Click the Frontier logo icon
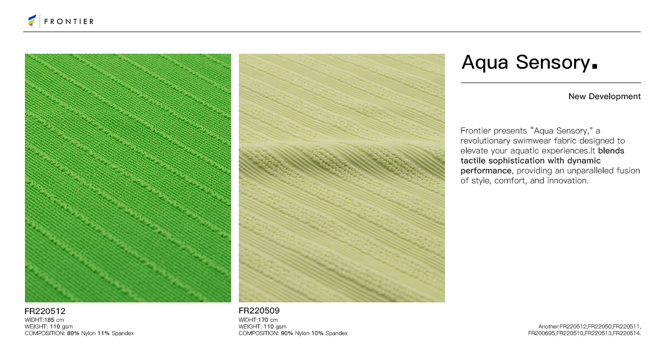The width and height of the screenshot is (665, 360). (32, 20)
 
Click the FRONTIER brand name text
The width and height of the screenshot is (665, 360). (69, 22)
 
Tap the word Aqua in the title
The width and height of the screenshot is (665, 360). (484, 63)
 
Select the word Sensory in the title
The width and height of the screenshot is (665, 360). (553, 63)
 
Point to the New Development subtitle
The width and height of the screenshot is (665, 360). (605, 96)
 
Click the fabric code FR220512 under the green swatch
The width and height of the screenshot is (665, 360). (45, 311)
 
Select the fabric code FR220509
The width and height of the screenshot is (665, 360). (259, 311)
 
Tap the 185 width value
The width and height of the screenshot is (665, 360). (49, 320)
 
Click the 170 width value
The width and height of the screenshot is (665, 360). (263, 320)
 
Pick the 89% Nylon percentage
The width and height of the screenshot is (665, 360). (73, 333)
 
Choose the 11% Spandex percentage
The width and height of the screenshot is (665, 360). (103, 333)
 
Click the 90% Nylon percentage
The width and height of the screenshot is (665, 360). (287, 333)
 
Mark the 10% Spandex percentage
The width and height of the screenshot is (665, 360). (318, 333)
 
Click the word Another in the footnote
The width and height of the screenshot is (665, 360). (548, 327)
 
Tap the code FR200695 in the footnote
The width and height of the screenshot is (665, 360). (541, 333)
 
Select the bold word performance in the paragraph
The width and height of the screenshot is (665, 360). (486, 171)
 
